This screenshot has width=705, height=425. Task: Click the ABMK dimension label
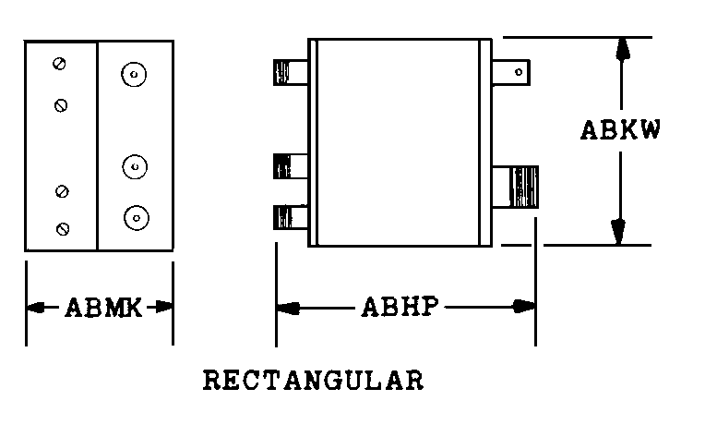pyautogui.click(x=104, y=308)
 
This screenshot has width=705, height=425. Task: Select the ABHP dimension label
pyautogui.click(x=400, y=307)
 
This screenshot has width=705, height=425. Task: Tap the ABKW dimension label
pyautogui.click(x=620, y=130)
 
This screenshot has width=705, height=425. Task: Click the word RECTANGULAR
pyautogui.click(x=314, y=380)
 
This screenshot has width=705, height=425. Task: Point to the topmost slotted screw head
pyautogui.click(x=59, y=64)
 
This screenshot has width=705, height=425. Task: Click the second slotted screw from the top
pyautogui.click(x=61, y=106)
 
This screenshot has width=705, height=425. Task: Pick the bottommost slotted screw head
pyautogui.click(x=63, y=229)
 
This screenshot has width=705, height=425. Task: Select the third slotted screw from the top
pyautogui.click(x=62, y=191)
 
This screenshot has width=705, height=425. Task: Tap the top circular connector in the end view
pyautogui.click(x=134, y=74)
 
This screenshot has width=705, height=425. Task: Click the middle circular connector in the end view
pyautogui.click(x=135, y=167)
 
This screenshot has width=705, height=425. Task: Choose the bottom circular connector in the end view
pyautogui.click(x=137, y=218)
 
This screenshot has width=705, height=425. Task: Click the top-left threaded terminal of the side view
pyautogui.click(x=291, y=72)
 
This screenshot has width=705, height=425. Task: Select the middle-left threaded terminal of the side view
pyautogui.click(x=291, y=166)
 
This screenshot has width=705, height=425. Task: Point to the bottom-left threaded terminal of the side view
pyautogui.click(x=291, y=217)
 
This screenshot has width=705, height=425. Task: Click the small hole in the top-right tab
pyautogui.click(x=519, y=72)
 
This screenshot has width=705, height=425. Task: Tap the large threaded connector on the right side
pyautogui.click(x=515, y=187)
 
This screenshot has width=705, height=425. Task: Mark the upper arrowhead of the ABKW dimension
pyautogui.click(x=622, y=48)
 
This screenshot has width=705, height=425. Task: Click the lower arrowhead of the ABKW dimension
pyautogui.click(x=618, y=232)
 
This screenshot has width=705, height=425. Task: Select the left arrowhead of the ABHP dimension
pyautogui.click(x=288, y=308)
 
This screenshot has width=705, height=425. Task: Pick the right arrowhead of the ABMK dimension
pyautogui.click(x=161, y=307)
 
